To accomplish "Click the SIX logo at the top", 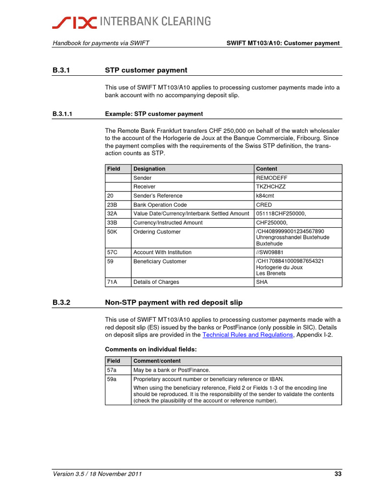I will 74,21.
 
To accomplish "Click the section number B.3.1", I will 61,70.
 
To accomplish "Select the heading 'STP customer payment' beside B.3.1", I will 146,70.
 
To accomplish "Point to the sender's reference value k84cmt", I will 265,196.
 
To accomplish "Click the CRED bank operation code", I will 264,204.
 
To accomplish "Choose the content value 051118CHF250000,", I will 281,213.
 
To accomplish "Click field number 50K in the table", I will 113,232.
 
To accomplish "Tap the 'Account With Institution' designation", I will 162,252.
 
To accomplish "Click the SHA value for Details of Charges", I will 262,282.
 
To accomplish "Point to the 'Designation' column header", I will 149,169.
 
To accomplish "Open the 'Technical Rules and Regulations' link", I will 248,335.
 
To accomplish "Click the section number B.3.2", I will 61,303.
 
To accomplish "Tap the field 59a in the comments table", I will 113,379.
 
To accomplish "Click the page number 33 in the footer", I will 338,474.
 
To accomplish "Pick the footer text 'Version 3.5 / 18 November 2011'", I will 97,474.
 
